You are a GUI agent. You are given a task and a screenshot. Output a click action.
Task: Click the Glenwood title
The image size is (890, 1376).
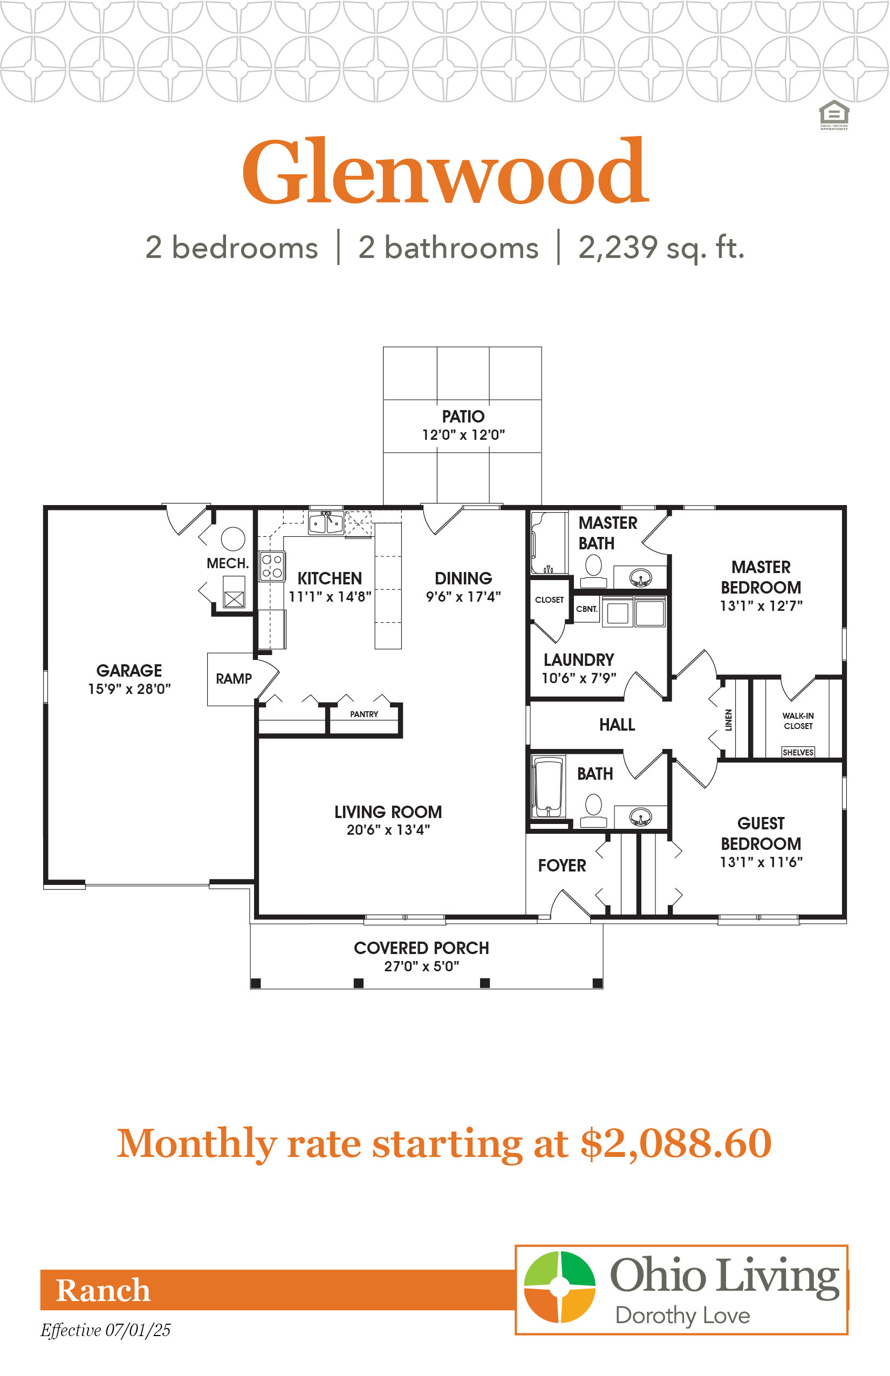coord(446,171)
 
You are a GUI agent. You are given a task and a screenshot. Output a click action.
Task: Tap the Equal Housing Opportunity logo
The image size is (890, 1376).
coord(834,115)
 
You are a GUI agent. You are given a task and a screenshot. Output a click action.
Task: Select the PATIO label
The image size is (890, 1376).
coord(463,416)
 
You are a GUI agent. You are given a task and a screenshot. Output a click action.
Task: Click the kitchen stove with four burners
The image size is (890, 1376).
coord(272,566)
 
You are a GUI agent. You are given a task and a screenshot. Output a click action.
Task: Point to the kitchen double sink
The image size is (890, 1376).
coord(326,523)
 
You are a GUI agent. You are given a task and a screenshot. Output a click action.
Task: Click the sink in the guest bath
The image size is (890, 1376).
coord(640,817)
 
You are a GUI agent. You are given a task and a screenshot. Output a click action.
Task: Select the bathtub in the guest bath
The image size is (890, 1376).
coord(548,787)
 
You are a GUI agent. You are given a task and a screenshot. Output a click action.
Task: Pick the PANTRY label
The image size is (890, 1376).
coord(364,714)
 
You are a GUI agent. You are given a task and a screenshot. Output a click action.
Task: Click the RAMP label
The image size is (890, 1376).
coord(234,678)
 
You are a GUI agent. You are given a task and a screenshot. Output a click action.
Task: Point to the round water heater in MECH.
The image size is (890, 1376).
coord(233,539)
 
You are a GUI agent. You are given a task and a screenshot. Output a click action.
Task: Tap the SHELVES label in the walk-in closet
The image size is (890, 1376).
coord(798,752)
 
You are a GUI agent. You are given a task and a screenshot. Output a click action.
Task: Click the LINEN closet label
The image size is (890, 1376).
coord(729,720)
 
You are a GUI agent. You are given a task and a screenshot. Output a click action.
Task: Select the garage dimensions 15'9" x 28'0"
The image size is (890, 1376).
coord(129,689)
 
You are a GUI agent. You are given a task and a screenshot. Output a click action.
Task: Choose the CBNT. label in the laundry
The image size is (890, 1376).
coord(587,609)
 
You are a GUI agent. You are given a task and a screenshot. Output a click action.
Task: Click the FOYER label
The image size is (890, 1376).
coord(562,866)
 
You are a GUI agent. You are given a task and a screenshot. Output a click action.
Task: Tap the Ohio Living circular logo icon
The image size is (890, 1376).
coord(559,1286)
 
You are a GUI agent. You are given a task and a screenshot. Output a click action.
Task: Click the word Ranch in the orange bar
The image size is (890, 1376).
coord(103,1290)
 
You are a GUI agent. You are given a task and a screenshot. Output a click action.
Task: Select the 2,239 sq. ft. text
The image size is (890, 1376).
coord(661,248)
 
